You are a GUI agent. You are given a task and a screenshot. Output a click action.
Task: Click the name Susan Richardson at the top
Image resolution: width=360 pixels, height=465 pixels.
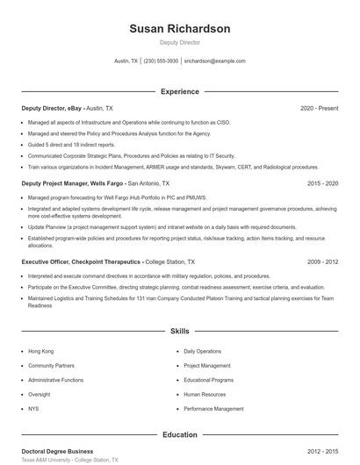pos(179,29)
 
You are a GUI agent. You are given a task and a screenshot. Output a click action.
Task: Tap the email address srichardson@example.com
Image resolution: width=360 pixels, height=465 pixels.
pos(215,61)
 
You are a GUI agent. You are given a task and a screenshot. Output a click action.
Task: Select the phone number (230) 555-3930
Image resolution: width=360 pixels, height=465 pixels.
pos(162,61)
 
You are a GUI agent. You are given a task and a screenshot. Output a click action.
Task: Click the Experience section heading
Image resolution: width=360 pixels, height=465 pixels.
pos(179,91)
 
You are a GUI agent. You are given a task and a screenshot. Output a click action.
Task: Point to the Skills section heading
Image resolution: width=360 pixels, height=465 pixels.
pos(179,331)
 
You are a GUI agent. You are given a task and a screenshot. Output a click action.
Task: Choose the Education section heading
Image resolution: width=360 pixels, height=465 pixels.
pos(179,434)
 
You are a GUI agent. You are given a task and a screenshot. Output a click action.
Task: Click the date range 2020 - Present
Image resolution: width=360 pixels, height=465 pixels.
pos(319,108)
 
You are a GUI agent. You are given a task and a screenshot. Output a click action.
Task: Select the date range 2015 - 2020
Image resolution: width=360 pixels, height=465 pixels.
pos(322,183)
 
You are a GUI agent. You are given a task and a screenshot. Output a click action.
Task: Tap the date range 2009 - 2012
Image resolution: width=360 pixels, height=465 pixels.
pos(322,261)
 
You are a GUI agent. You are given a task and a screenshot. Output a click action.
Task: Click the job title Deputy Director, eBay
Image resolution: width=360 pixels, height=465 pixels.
pos(52,108)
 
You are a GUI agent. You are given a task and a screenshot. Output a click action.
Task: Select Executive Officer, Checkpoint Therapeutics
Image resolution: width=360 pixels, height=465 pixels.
pos(81,261)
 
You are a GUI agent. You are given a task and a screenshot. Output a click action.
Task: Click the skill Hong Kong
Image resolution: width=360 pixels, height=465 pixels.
pos(40,351)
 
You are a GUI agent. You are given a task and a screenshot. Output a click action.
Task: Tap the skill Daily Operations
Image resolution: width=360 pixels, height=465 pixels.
pos(202,351)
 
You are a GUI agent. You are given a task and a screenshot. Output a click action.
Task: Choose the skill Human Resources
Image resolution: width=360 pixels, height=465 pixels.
pos(205,395)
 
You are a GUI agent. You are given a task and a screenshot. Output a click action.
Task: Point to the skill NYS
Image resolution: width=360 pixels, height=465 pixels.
pos(34,409)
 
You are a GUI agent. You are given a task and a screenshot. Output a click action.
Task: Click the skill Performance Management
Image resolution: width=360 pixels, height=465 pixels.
pos(213,409)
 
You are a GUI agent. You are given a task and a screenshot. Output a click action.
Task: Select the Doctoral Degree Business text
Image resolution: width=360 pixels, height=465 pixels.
pos(57,450)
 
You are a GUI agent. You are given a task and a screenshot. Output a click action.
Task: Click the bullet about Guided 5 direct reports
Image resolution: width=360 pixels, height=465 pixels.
pos(71,145)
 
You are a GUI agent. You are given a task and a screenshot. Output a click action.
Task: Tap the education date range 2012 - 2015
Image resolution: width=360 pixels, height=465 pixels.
pos(322,450)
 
